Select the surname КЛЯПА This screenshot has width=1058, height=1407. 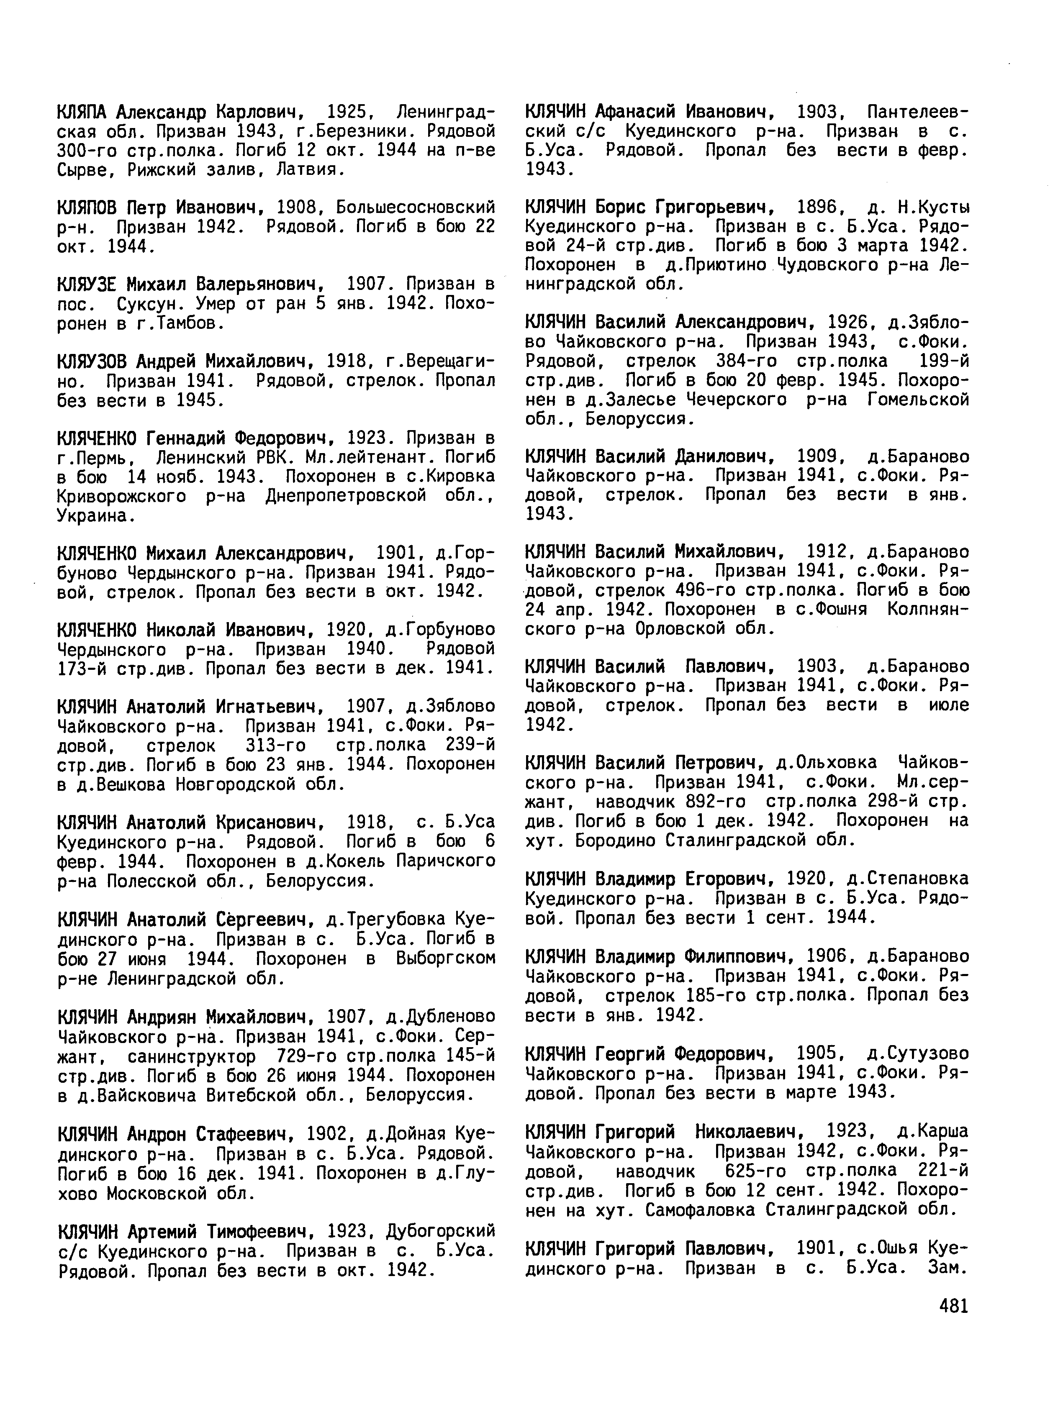pos(83,113)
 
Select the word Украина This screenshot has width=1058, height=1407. pos(95,517)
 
